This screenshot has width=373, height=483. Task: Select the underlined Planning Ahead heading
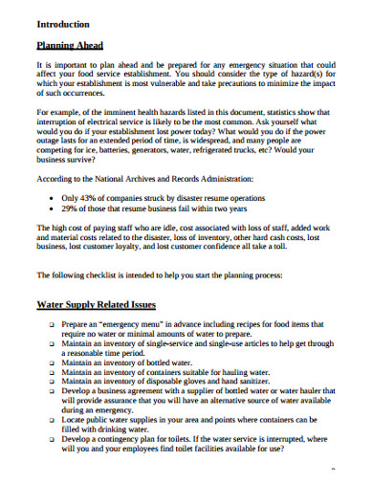tap(70, 45)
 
